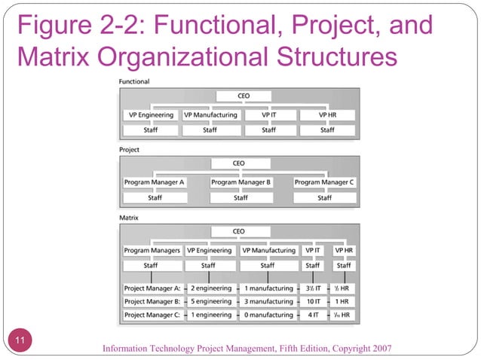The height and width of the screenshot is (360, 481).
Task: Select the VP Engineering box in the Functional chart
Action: [x=151, y=115]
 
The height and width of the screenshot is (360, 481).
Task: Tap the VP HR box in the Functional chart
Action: [x=326, y=115]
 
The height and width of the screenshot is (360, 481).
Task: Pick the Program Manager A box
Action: [x=155, y=182]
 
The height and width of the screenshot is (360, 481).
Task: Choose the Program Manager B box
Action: [x=240, y=182]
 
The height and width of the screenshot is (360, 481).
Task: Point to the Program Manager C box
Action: [x=324, y=182]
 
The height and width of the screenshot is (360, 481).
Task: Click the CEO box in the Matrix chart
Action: [x=239, y=231]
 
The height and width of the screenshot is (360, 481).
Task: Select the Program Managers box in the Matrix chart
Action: [x=152, y=250]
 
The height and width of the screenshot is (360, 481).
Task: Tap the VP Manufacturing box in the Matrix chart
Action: [x=268, y=250]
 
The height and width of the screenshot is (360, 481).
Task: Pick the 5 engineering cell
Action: [x=211, y=302]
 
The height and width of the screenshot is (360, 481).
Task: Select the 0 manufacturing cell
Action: [x=268, y=315]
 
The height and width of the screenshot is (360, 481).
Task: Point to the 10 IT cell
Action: [x=313, y=302]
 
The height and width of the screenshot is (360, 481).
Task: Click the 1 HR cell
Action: [x=344, y=302]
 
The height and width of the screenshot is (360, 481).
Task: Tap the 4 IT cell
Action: [x=313, y=315]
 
